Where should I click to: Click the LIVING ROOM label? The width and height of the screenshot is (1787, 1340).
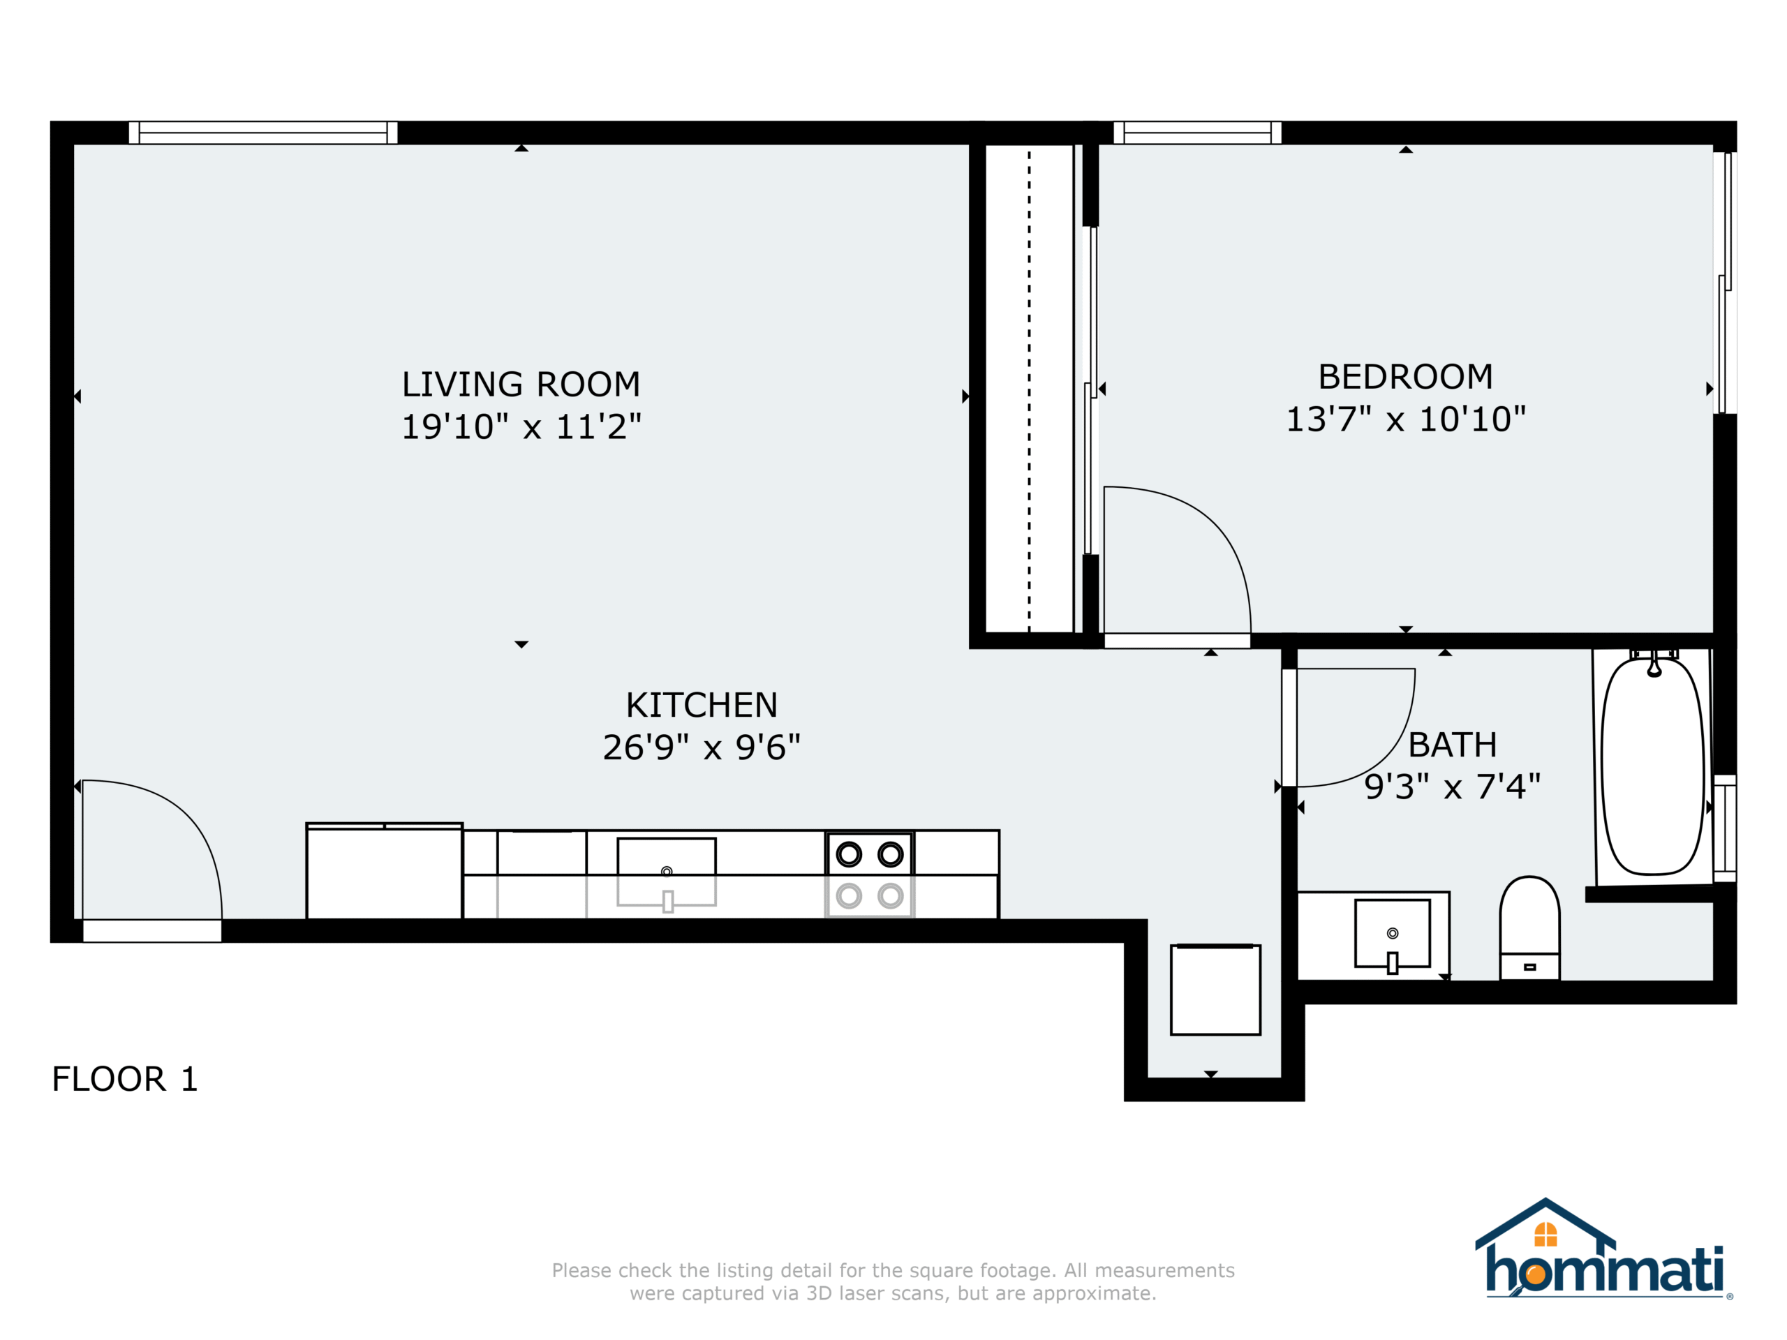(521, 385)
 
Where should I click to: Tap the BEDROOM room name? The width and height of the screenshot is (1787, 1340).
(1406, 377)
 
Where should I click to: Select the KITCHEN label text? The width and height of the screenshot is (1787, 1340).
(702, 705)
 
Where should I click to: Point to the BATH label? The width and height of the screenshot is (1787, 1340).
(1453, 745)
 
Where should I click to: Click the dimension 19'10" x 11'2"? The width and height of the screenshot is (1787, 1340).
(521, 426)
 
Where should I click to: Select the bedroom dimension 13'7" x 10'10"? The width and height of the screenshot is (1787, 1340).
(1406, 419)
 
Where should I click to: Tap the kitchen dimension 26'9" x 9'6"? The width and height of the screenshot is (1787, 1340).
(702, 747)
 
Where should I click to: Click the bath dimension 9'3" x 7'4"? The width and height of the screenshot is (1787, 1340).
(1453, 786)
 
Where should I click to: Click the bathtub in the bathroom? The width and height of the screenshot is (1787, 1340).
(1653, 766)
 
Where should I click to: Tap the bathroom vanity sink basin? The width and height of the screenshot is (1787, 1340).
(1392, 934)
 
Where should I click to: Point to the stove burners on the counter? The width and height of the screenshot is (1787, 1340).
(869, 874)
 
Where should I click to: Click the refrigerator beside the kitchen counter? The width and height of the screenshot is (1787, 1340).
(384, 871)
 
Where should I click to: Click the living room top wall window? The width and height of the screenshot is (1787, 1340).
(262, 133)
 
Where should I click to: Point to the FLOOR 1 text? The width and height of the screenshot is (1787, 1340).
(124, 1079)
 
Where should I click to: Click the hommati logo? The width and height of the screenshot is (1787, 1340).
(1603, 1248)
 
